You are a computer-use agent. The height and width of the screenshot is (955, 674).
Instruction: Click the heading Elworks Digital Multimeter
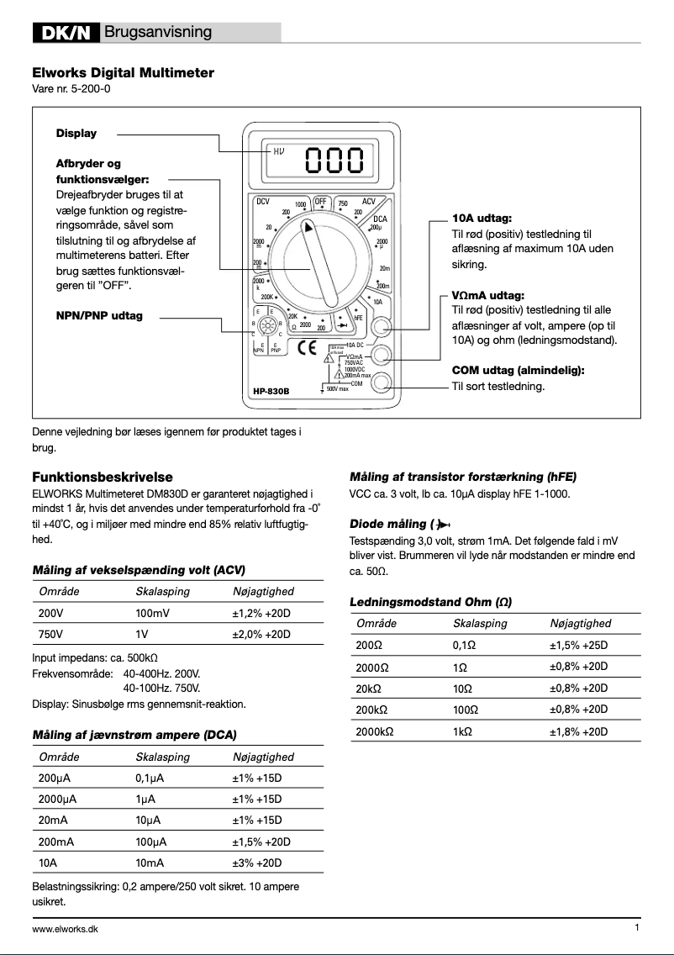[123, 73]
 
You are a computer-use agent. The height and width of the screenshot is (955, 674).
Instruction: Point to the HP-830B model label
[271, 391]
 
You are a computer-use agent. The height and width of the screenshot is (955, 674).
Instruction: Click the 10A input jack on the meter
[382, 326]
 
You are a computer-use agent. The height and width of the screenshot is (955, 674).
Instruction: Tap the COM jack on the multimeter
[382, 383]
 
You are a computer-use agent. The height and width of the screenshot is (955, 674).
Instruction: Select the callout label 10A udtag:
[476, 219]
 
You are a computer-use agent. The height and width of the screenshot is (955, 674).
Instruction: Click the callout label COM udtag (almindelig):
[518, 371]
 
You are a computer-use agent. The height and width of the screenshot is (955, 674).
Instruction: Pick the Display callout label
[76, 133]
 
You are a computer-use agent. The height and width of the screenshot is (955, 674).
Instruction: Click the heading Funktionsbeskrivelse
[103, 477]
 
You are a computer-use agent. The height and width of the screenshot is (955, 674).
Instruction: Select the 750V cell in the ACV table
[50, 634]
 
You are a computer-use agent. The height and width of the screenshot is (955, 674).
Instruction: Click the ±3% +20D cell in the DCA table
[257, 863]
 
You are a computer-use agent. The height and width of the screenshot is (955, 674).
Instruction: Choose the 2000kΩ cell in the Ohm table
[375, 731]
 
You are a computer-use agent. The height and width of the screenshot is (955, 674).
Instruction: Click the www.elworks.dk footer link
[65, 929]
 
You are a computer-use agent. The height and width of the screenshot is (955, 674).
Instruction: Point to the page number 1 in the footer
[637, 927]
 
